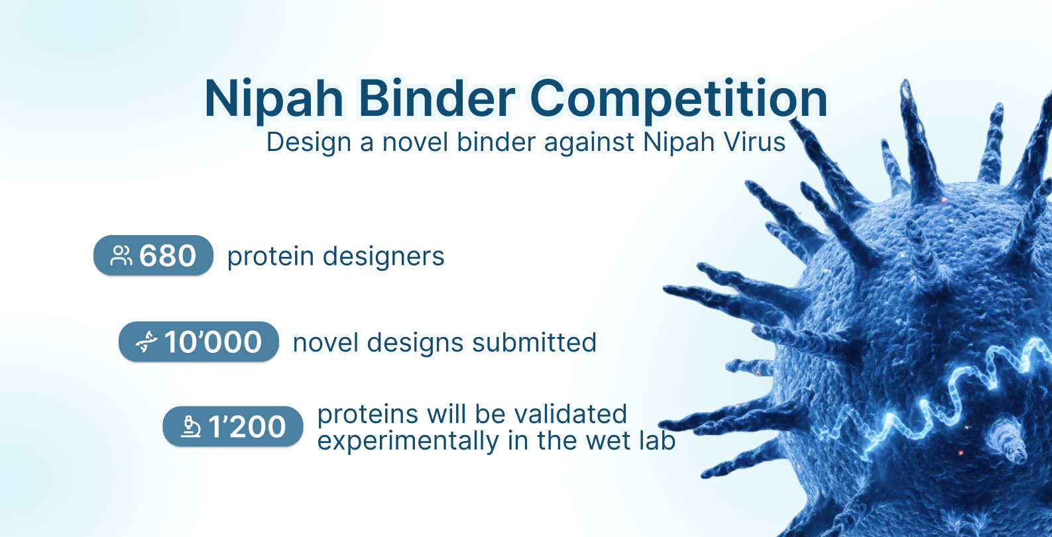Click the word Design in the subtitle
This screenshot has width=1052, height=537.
click(x=309, y=143)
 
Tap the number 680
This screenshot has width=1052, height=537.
click(x=168, y=256)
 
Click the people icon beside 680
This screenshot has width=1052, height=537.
click(x=121, y=256)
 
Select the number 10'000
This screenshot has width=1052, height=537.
click(x=213, y=342)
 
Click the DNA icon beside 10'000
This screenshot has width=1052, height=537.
click(x=146, y=342)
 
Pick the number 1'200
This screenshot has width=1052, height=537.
click(x=247, y=427)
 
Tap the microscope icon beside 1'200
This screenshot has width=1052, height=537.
click(x=191, y=427)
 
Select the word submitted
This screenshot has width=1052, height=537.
click(x=534, y=342)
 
